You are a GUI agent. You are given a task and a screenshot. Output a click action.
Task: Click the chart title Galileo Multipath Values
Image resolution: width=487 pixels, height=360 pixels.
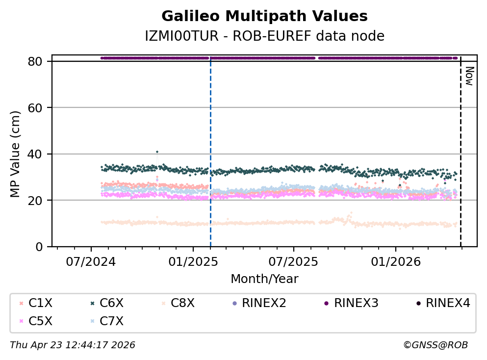[264, 16]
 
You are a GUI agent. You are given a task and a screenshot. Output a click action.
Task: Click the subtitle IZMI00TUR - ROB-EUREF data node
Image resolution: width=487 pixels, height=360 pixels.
[264, 36]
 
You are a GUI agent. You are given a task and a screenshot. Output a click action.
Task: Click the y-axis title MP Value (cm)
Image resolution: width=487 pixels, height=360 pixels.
[16, 154]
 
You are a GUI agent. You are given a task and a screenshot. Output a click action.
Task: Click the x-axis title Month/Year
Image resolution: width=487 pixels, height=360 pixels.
[264, 279]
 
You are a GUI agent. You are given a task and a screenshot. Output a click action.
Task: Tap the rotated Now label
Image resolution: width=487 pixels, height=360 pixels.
[469, 76]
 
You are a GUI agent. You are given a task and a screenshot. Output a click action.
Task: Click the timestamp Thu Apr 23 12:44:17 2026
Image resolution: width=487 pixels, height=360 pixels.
[73, 345]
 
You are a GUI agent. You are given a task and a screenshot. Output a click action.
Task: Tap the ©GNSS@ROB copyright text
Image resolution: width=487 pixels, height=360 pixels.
[436, 345]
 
